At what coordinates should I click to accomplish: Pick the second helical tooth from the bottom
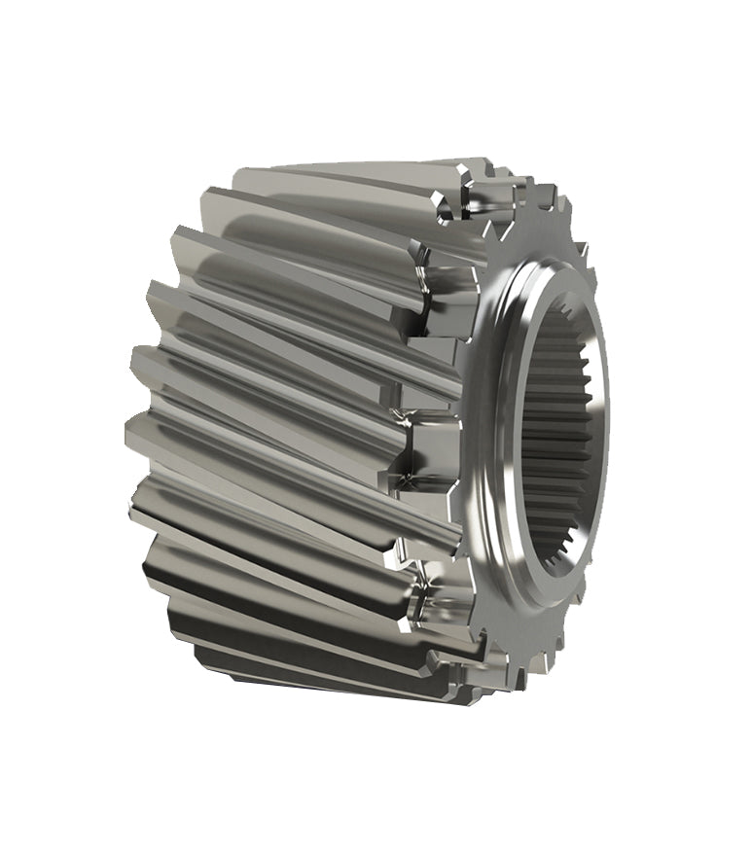click(292, 622)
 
